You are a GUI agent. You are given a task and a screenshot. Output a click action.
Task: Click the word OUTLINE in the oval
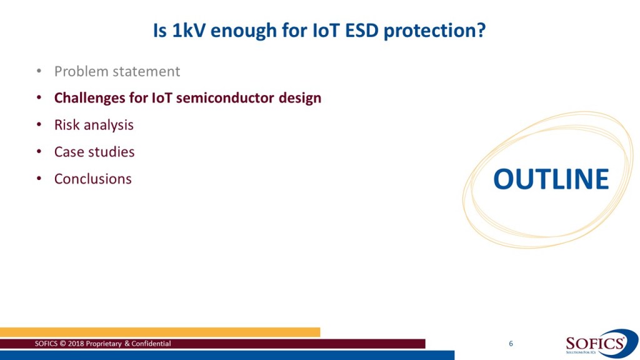pyautogui.click(x=551, y=179)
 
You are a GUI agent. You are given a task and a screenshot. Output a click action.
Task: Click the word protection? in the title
pyautogui.click(x=435, y=31)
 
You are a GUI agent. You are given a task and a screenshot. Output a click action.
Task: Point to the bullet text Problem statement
pyautogui.click(x=117, y=71)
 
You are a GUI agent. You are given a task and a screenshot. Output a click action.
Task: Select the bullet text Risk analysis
pyautogui.click(x=94, y=125)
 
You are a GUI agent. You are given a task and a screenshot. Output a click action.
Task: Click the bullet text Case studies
pyautogui.click(x=94, y=152)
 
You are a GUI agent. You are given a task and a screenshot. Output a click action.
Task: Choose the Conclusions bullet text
pyautogui.click(x=93, y=179)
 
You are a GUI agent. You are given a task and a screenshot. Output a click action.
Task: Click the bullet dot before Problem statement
pyautogui.click(x=39, y=71)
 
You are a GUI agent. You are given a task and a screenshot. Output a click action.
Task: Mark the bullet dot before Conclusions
pyautogui.click(x=39, y=179)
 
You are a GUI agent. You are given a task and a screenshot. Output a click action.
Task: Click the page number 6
pyautogui.click(x=511, y=344)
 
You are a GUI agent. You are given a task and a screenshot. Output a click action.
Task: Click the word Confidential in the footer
pyautogui.click(x=151, y=344)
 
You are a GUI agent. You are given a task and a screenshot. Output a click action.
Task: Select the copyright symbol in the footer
pyautogui.click(x=63, y=344)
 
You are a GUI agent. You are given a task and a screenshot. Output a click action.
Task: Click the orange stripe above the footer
pyautogui.click(x=160, y=332)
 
